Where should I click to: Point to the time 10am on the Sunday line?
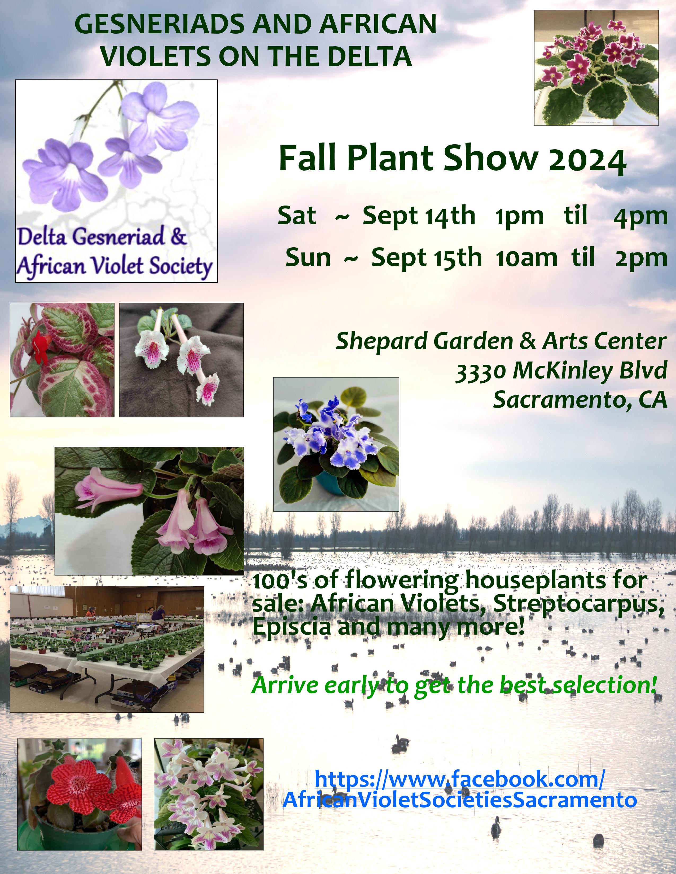tap(526, 258)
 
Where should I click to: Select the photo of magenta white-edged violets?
tap(596, 68)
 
